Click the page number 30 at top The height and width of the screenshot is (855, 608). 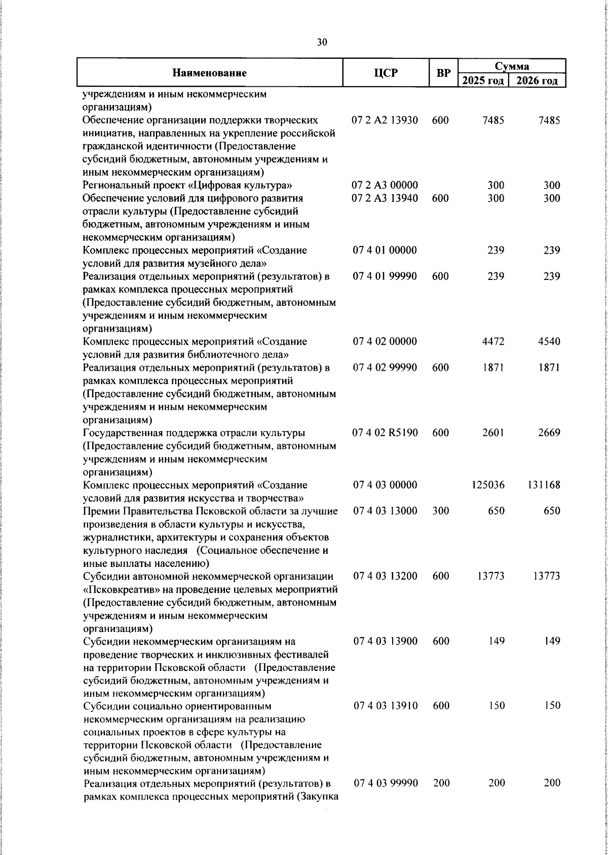point(322,43)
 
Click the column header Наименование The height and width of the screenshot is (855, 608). point(209,73)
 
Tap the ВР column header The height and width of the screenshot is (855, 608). point(443,73)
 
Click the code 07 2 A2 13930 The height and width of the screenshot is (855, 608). point(385,120)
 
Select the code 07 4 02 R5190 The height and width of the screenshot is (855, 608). point(385,433)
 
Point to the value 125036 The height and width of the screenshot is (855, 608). point(488,485)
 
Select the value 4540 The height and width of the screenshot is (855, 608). point(549,341)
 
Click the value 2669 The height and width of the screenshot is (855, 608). point(549,433)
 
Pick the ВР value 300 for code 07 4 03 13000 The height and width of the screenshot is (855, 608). point(441,511)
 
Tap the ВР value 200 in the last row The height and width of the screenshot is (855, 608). point(441,797)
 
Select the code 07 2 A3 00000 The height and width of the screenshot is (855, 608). point(385,185)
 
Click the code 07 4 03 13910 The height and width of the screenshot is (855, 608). point(385,705)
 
